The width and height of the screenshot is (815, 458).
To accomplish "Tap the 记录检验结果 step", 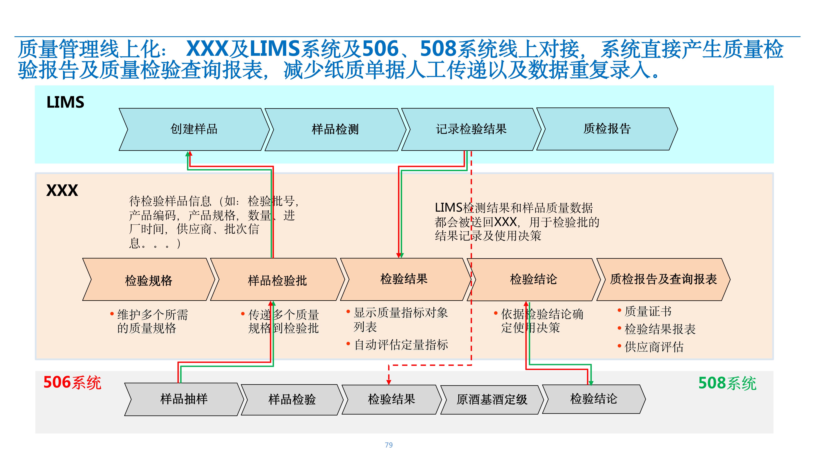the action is [x=471, y=129].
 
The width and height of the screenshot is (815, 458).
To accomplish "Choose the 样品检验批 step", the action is [x=277, y=279].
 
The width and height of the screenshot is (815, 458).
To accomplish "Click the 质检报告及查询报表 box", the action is [x=663, y=279].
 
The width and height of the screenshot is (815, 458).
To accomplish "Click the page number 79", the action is [x=389, y=445].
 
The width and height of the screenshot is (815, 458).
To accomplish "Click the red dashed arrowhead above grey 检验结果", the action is [x=389, y=382].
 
